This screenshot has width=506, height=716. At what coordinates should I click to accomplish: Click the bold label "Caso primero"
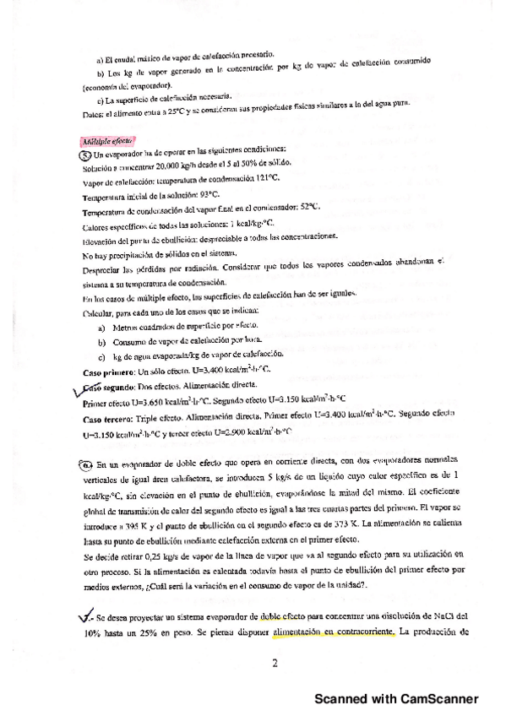pos(107,369)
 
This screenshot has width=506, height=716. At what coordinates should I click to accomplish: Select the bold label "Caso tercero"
pos(106,417)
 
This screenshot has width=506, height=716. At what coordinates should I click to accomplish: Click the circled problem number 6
pos(88,464)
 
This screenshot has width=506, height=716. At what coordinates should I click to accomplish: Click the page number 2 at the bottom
pos(275,663)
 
